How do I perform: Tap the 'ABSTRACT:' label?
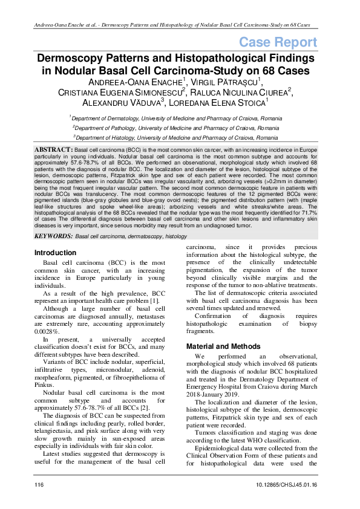click(54, 149)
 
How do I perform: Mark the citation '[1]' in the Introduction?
click(155, 300)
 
